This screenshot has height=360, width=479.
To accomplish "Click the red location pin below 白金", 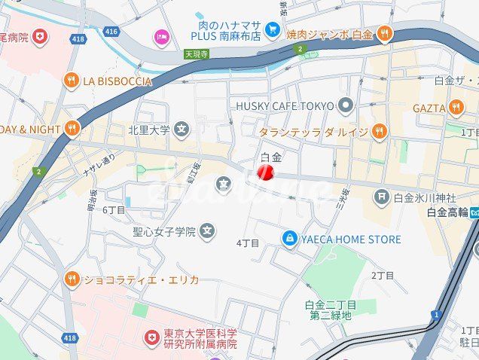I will coord(265,173).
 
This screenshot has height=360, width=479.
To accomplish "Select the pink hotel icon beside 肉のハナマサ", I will coord(161,36).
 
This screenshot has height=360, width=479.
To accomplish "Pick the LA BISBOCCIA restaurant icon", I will coord(72,81).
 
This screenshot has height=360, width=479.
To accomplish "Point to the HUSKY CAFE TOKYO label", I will coord(284,105).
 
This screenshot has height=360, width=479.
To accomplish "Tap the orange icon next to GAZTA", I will coord(456,108).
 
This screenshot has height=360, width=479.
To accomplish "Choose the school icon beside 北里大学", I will coord(182,130).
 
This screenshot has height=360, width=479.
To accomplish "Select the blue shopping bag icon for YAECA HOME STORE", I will coord(288,239).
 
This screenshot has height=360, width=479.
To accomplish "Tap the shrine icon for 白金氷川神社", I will coord(382,198).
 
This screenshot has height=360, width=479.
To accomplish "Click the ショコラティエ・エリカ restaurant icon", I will coord(72,279).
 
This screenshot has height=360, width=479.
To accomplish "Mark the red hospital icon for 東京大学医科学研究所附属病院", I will coord(152,337).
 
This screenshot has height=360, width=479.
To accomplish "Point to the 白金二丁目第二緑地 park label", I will coord(331,310).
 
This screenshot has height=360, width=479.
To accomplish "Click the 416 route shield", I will coord(111,31).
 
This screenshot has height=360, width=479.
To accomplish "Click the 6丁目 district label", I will coord(114,209).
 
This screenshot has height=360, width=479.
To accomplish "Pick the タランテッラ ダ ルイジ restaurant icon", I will coord(379,132).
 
